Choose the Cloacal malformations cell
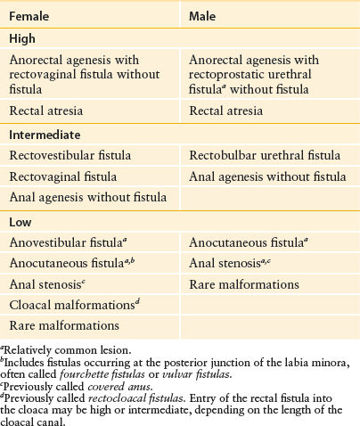(68, 306)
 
